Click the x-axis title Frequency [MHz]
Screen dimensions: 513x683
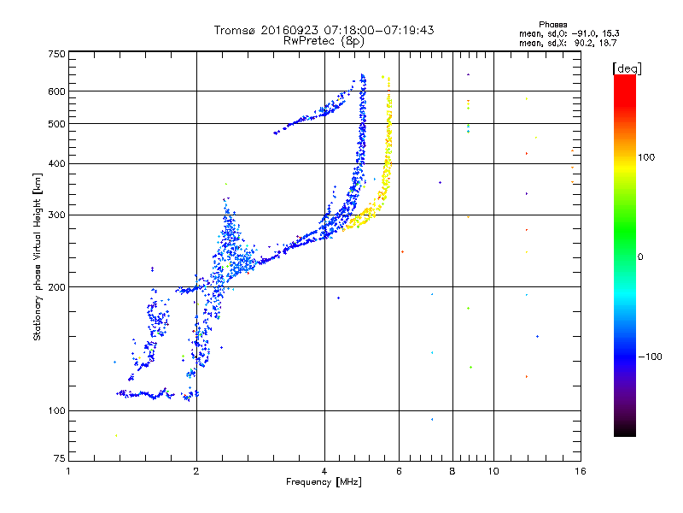coord(324,482)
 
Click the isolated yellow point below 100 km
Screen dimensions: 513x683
coord(116,435)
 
